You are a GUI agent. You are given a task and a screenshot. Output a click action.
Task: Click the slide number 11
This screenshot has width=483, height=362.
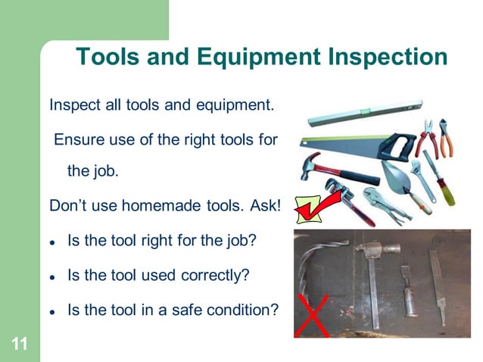20,345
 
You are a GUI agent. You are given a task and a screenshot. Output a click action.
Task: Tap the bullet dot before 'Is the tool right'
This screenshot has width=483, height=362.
52,242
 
